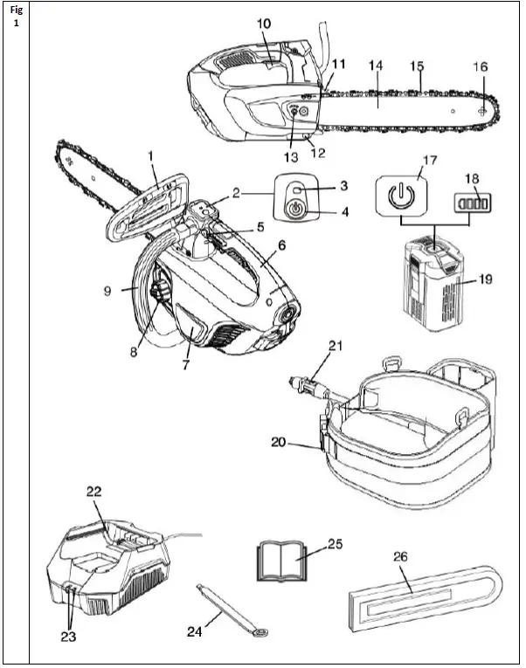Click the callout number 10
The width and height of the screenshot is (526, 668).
263,23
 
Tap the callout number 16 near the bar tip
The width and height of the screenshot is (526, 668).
480,66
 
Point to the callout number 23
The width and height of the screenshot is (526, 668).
68,637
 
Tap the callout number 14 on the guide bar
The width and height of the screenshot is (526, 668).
377,65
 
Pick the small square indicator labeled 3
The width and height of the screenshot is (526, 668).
298,189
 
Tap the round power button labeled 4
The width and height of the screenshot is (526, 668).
295,210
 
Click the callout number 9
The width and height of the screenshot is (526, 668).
107,292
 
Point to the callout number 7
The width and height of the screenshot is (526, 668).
185,365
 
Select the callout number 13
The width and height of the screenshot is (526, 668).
291,157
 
